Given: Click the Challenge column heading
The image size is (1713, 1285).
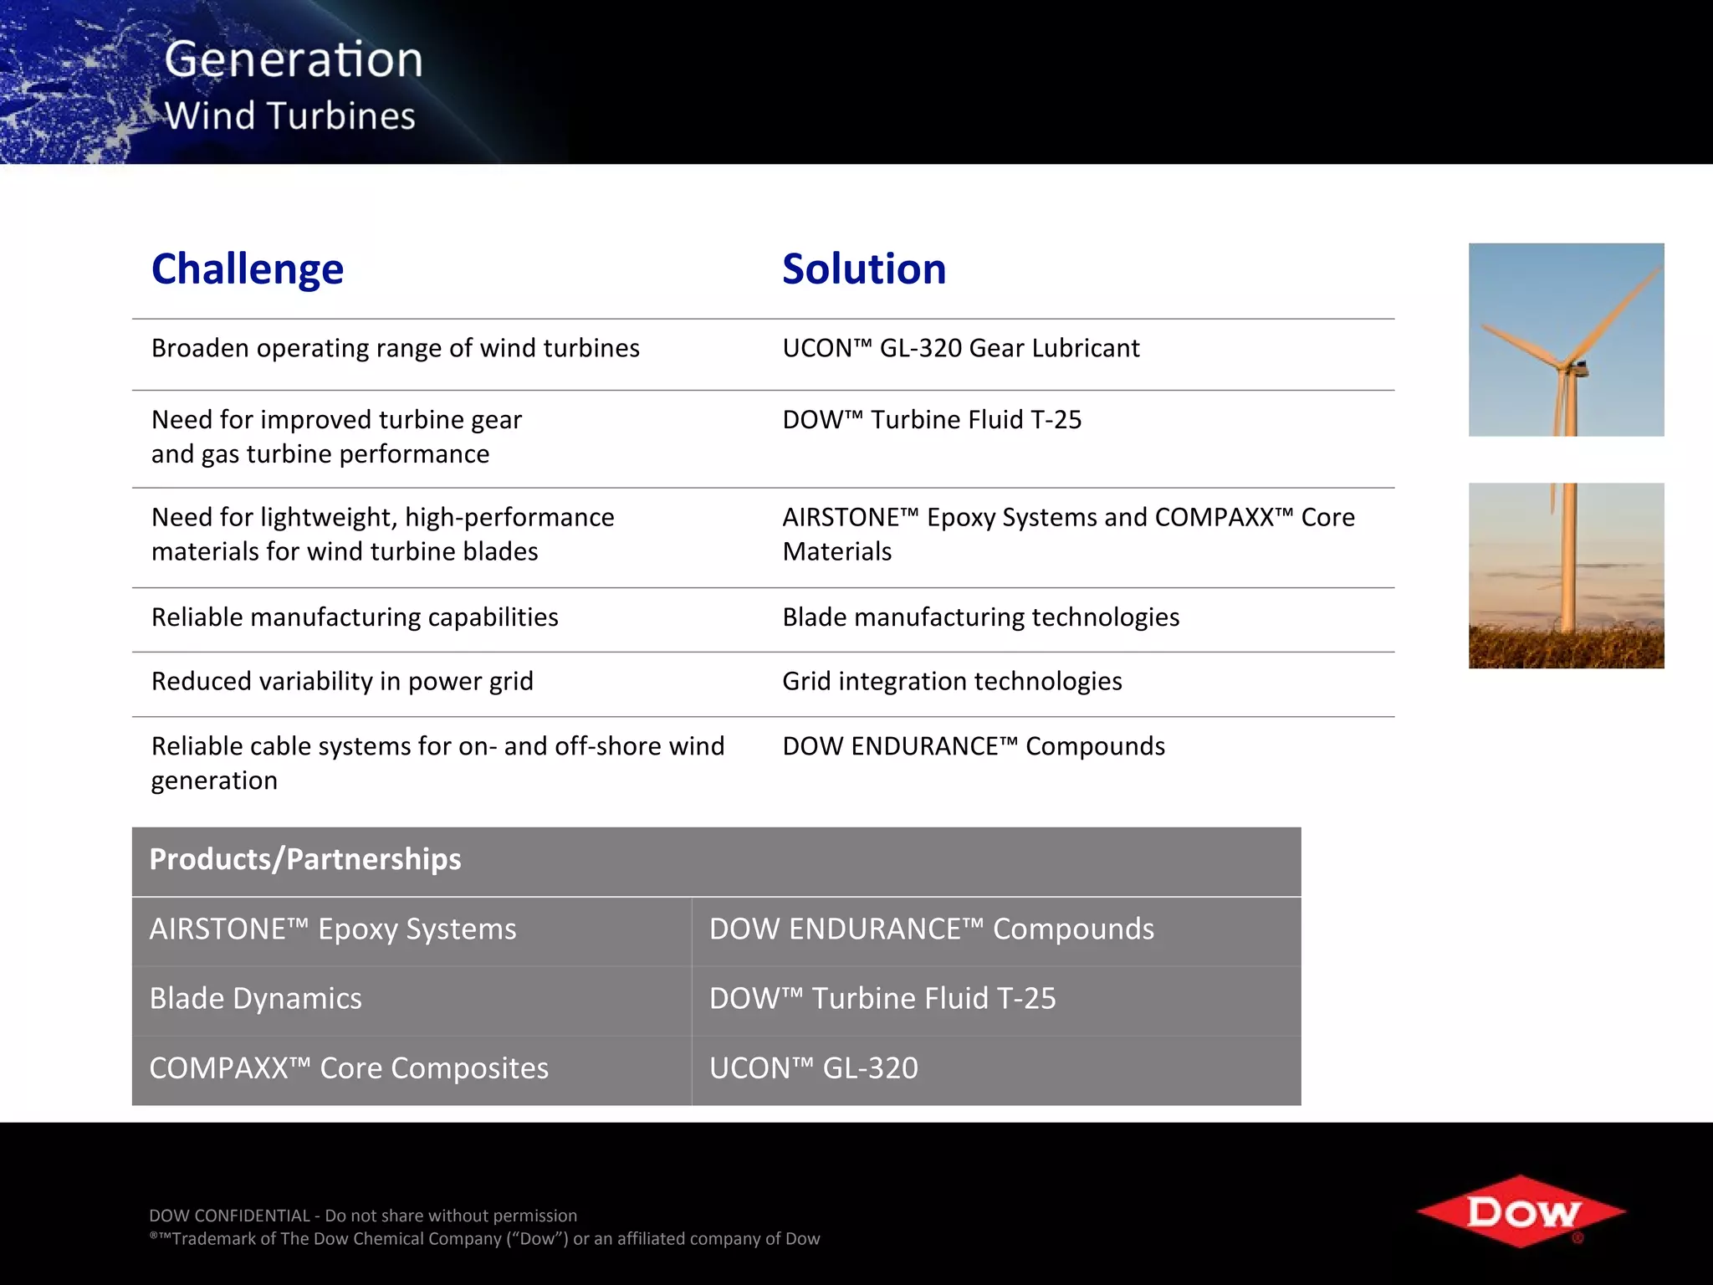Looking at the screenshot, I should tap(248, 269).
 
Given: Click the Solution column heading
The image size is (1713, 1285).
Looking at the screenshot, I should tap(864, 269).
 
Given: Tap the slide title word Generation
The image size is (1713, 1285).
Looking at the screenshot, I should tap(294, 60).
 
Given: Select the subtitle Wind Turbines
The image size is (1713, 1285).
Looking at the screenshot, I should tap(290, 116).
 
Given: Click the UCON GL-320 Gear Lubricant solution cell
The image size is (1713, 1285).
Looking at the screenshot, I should tap(960, 348).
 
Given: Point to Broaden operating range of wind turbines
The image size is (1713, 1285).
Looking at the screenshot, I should tap(395, 348).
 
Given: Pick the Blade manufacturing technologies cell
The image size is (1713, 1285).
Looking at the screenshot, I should tap(980, 617).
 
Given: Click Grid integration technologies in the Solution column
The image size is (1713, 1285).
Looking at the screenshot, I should tap(952, 682).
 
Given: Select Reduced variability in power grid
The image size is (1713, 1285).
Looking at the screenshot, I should tap(342, 682).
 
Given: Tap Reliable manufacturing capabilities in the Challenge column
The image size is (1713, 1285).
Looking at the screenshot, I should tap(355, 617).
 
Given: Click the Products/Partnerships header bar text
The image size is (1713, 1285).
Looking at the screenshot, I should tap(305, 860).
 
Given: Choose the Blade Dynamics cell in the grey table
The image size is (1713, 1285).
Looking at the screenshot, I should tap(255, 999).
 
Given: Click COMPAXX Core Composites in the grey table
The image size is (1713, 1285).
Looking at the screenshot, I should tap(349, 1068).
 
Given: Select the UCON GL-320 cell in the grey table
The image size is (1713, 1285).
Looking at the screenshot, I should tap(813, 1068).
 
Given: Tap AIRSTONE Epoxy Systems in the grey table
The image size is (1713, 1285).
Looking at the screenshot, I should tap(333, 929).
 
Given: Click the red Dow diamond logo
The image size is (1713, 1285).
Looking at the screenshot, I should tap(1521, 1211).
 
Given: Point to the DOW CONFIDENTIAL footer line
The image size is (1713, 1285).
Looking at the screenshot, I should tap(363, 1216).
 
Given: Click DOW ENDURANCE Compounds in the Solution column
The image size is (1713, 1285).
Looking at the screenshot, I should tap(974, 746).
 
